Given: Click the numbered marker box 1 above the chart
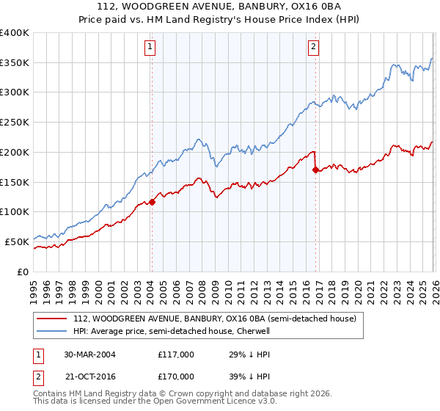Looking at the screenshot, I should point(150,48).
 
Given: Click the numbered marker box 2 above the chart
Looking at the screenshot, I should point(313,48).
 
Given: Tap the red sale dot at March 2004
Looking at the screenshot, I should point(152,202).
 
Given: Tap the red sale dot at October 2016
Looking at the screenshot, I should point(315,170).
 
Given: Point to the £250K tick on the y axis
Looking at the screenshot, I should point(15,122).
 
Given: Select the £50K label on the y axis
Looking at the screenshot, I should point(17,241).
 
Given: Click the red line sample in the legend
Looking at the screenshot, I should point(51,319).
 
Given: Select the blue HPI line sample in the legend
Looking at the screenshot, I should point(51,331).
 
